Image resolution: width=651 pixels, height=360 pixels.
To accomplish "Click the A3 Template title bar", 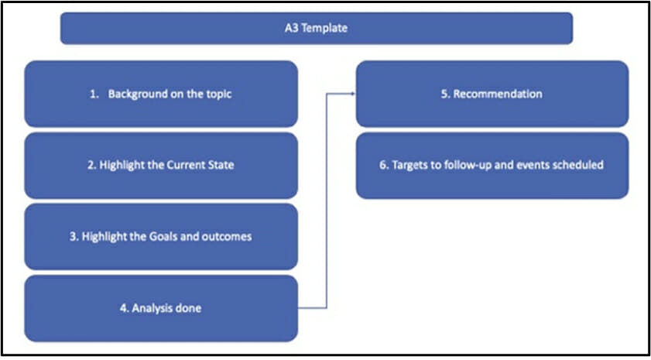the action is [317, 28].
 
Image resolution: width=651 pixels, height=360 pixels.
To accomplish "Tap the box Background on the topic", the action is [161, 94].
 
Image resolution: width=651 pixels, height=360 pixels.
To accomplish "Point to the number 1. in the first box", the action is [94, 94].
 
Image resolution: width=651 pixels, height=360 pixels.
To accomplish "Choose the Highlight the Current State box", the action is [161, 165].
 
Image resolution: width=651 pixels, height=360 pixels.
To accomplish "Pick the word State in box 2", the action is [220, 165].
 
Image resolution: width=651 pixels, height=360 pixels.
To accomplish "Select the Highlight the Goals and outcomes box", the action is [161, 236].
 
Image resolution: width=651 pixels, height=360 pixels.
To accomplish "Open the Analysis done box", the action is [161, 308].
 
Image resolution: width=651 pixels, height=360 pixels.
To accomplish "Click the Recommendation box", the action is [492, 94].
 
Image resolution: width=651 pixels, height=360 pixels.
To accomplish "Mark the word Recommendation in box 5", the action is [498, 94].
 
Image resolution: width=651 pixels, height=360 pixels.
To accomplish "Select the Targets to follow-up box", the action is [492, 165].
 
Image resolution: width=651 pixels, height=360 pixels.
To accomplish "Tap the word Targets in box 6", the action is [408, 165].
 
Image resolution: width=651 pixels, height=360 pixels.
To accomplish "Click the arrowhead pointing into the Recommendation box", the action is [353, 94].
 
